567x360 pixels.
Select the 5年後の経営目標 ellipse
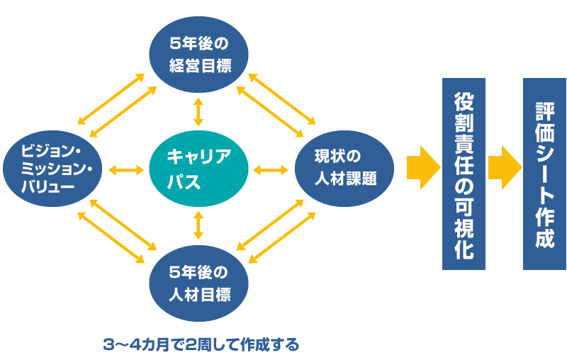click(198, 55)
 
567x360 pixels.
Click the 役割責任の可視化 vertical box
click(464, 174)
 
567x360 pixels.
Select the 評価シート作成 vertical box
click(544, 174)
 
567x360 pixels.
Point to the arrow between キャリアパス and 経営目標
click(198, 112)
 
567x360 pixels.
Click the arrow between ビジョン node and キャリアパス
click(126, 169)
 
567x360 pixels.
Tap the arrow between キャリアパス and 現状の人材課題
click(270, 169)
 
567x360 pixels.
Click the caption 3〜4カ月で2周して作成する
click(201, 345)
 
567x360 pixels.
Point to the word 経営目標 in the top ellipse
click(199, 66)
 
